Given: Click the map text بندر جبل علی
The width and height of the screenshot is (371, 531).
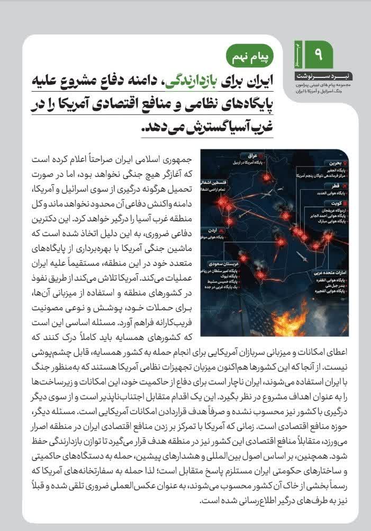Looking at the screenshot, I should pos(333,285).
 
